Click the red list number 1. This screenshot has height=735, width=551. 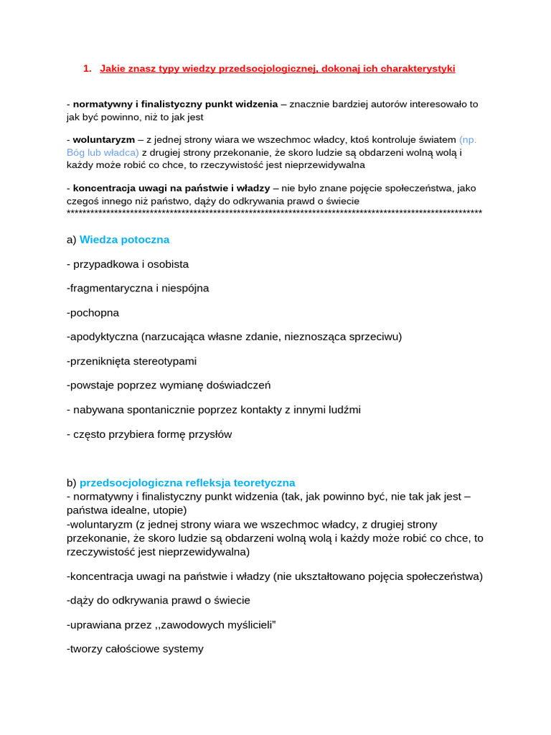[87, 69]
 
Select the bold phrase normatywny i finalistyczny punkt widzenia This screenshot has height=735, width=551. [175, 104]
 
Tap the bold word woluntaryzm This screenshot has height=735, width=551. [104, 140]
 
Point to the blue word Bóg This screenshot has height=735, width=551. [75, 152]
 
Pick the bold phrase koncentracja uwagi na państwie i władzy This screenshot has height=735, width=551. [171, 188]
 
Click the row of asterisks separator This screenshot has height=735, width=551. [274, 213]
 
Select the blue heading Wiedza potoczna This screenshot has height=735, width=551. [124, 240]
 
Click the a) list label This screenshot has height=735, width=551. [71, 240]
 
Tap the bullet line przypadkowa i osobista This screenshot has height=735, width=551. [128, 264]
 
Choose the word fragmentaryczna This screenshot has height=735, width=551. [109, 289]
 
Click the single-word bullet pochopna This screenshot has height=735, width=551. [93, 313]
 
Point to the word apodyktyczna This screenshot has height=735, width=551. [104, 337]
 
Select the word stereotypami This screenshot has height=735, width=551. [164, 361]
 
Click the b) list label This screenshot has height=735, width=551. [71, 483]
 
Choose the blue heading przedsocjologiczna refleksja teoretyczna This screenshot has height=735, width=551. [187, 483]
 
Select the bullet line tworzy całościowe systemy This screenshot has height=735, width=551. [135, 649]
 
